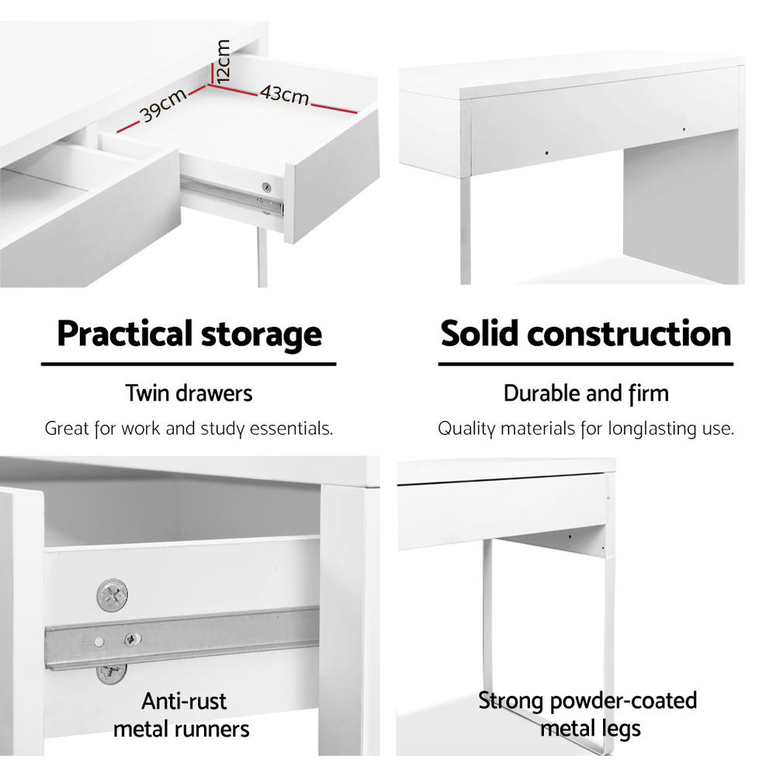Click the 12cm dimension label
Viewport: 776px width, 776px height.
(223, 62)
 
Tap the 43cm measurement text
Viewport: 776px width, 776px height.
(284, 95)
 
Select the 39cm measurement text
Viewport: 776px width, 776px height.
(162, 106)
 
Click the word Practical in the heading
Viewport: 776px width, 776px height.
(123, 334)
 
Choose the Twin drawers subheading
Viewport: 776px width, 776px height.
(189, 393)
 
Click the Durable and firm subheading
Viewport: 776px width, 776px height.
(586, 393)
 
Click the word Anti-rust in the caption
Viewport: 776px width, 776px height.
(184, 702)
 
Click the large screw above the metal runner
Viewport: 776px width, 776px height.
(112, 594)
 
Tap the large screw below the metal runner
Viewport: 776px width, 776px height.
(112, 671)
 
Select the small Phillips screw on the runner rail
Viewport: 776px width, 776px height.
(133, 639)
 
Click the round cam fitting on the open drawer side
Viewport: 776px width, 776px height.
(267, 187)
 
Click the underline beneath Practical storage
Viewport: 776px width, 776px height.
(189, 363)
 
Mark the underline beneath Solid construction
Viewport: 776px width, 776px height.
(586, 363)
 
